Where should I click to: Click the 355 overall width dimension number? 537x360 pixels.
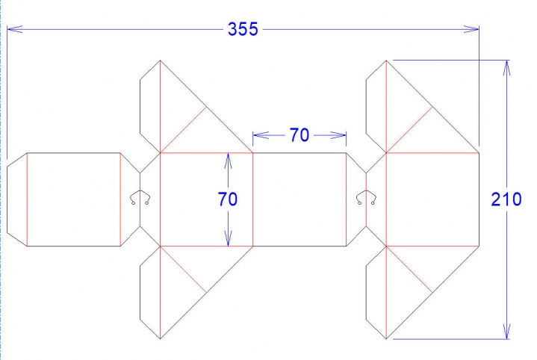[243, 29]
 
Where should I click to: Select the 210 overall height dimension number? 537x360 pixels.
[506, 199]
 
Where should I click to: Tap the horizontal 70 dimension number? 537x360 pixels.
[299, 135]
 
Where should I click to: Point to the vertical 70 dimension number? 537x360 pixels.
[228, 199]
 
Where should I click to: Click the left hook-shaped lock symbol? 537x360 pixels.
[140, 197]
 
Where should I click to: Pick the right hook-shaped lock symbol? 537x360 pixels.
[366, 197]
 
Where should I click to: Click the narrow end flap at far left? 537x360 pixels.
[16, 199]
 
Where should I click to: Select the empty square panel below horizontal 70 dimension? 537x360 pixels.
[299, 199]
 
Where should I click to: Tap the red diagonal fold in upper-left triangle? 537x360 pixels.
[184, 130]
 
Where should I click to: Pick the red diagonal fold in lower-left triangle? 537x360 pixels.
[184, 269]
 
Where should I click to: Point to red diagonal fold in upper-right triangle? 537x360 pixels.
[410, 130]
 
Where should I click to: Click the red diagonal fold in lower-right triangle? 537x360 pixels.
[410, 269]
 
